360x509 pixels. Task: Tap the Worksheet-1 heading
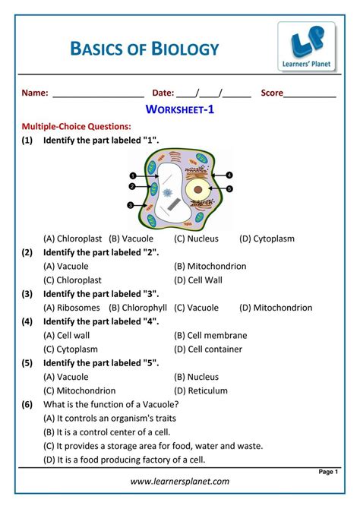(x=179, y=110)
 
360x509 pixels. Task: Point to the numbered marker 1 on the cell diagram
(x=133, y=175)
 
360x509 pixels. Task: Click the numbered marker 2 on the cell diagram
(x=131, y=186)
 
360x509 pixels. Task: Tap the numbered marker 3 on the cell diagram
(x=130, y=205)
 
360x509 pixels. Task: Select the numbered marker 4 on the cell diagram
(x=229, y=175)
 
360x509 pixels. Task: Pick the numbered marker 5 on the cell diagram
(x=229, y=188)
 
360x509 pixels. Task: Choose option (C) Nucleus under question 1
(x=196, y=239)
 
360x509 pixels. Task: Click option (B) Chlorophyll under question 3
(x=137, y=308)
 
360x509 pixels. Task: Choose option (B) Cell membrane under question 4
(x=210, y=335)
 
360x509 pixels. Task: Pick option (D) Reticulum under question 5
(x=200, y=390)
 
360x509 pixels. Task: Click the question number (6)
(x=27, y=404)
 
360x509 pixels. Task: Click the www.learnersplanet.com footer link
(x=179, y=481)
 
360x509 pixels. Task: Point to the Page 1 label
(x=327, y=471)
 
